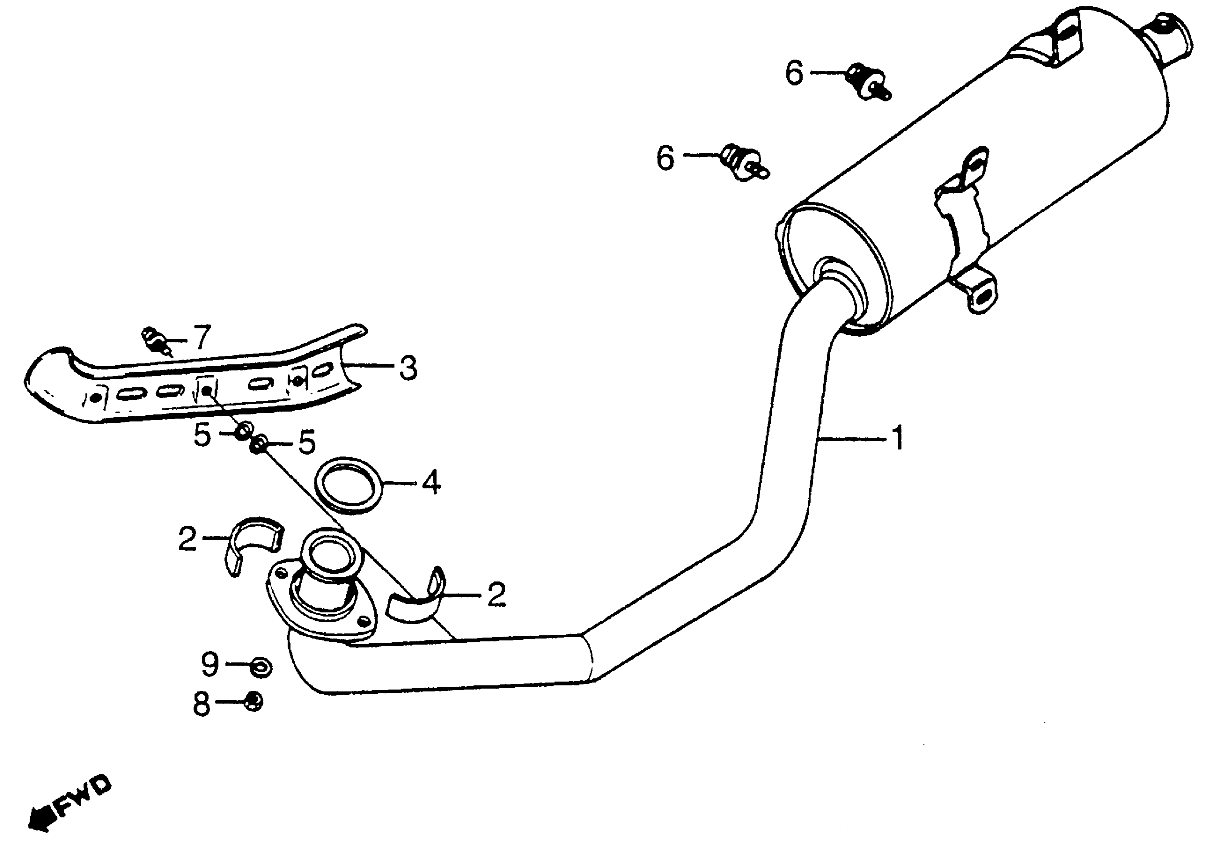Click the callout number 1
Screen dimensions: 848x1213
point(898,438)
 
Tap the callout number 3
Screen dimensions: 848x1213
point(408,367)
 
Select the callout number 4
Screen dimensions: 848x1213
point(431,482)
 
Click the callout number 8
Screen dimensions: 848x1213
point(202,704)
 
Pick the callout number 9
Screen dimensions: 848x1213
point(210,664)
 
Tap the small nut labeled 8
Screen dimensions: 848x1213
point(254,702)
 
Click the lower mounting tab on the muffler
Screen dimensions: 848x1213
point(979,295)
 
